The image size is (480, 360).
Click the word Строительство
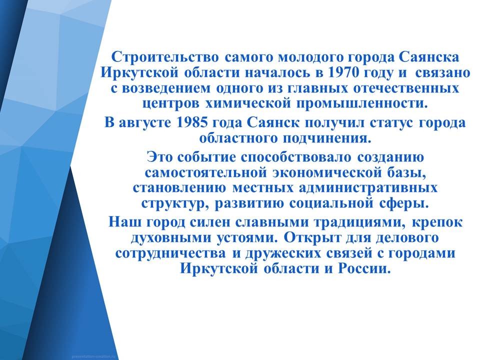tap(165, 57)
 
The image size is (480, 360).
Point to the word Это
tap(160, 157)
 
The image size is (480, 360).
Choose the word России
tap(364, 269)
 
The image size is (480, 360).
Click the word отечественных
tap(406, 88)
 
